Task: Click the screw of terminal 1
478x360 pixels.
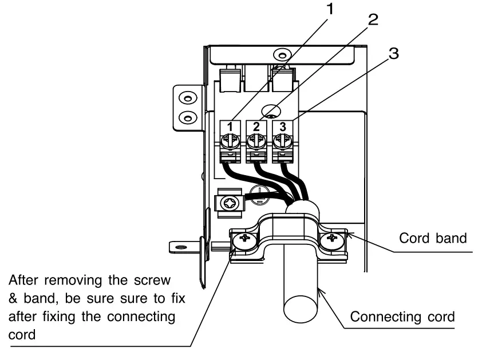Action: click(229, 140)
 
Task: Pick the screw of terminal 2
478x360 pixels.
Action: click(255, 140)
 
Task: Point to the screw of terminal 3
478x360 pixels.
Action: click(280, 140)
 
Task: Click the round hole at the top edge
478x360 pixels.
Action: click(279, 54)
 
